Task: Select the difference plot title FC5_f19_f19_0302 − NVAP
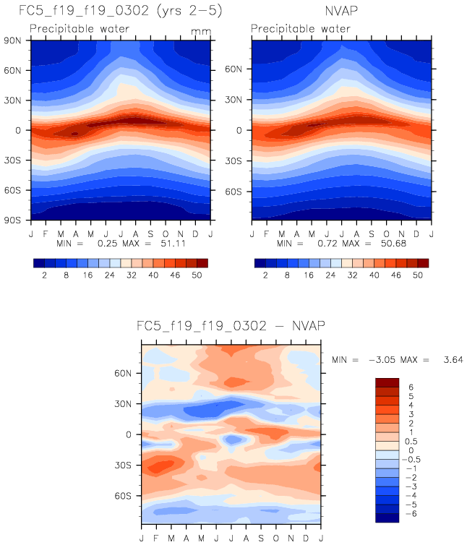point(230,326)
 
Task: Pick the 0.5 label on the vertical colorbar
point(412,442)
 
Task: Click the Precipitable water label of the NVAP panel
point(296,30)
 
